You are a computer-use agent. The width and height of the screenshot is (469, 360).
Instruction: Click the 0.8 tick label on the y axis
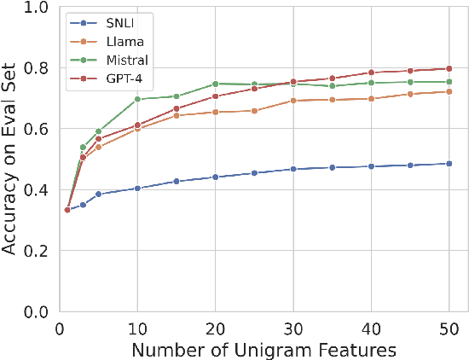tap(38, 67)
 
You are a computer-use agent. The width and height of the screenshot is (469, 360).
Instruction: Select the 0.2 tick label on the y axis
tap(38, 251)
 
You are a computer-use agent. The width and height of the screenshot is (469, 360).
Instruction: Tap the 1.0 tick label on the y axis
tap(38, 7)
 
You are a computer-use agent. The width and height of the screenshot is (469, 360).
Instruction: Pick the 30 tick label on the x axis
tap(293, 328)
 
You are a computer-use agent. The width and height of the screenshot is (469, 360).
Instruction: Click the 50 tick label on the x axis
tap(449, 328)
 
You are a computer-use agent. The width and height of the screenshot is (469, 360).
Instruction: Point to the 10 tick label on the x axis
tap(137, 328)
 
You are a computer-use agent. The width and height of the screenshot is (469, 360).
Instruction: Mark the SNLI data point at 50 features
tap(449, 164)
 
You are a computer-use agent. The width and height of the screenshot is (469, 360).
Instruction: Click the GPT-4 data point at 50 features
tap(449, 68)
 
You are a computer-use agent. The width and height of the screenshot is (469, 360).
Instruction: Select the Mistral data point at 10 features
tap(137, 99)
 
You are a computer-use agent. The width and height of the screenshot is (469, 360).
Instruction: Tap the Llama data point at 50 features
tap(449, 91)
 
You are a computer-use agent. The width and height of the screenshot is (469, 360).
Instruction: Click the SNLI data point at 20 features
tap(215, 177)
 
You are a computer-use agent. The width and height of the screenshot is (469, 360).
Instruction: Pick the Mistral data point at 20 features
tap(215, 84)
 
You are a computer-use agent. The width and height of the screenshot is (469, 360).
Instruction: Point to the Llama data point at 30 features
tap(293, 101)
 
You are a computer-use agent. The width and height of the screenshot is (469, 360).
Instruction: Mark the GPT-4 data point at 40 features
tap(371, 73)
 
